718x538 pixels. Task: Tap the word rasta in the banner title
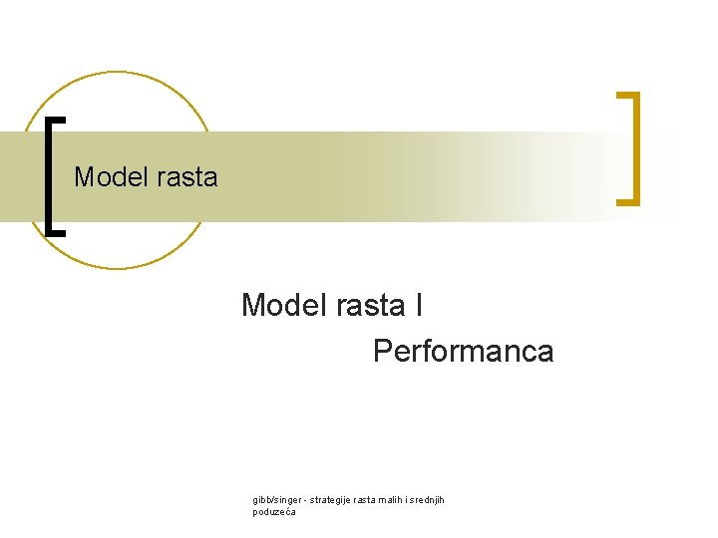tap(186, 177)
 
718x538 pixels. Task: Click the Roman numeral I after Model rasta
tap(418, 305)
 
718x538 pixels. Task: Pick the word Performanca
tap(463, 351)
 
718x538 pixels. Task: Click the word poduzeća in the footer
tap(274, 512)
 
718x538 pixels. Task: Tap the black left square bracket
tap(51, 175)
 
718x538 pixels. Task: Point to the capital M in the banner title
tap(84, 177)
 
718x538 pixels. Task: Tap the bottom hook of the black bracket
tap(56, 231)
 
